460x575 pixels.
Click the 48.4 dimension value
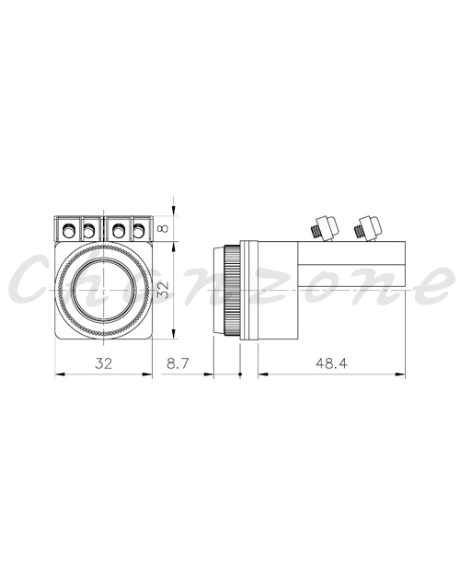(331, 363)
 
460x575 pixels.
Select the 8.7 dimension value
(178, 363)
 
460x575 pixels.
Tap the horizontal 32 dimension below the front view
(103, 363)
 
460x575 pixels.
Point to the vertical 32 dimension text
(164, 290)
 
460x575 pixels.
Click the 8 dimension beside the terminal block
(164, 228)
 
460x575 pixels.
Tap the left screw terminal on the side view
(324, 228)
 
